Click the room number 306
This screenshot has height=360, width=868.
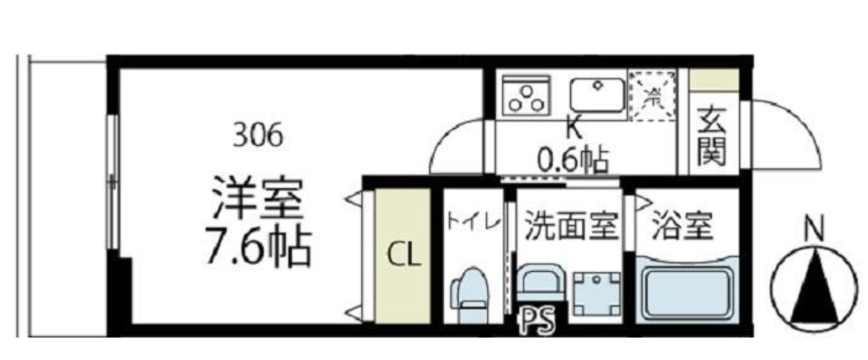click(257, 135)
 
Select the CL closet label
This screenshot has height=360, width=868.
click(402, 256)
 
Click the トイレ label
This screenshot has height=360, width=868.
click(472, 223)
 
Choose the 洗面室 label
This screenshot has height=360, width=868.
click(571, 227)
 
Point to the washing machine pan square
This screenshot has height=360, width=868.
click(597, 292)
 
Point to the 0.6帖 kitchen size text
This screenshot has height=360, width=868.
click(572, 159)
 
